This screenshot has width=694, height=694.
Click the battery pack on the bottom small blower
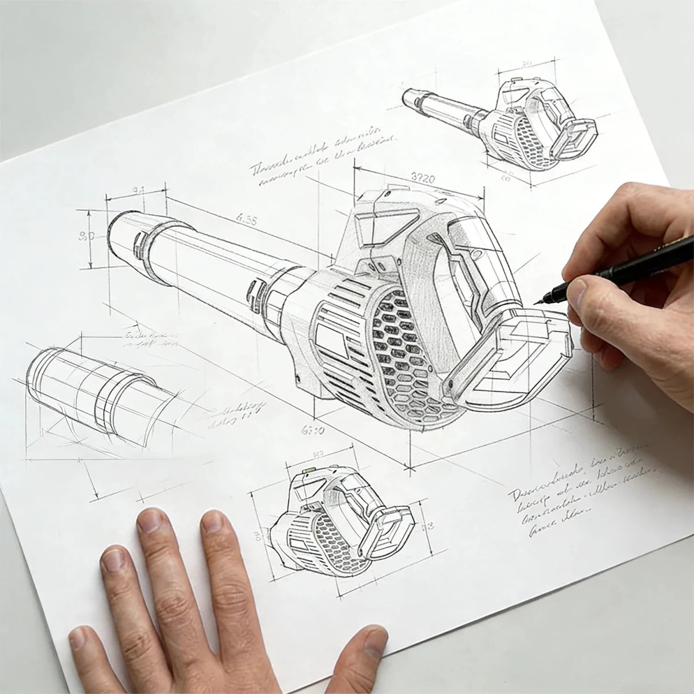click(x=387, y=529)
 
